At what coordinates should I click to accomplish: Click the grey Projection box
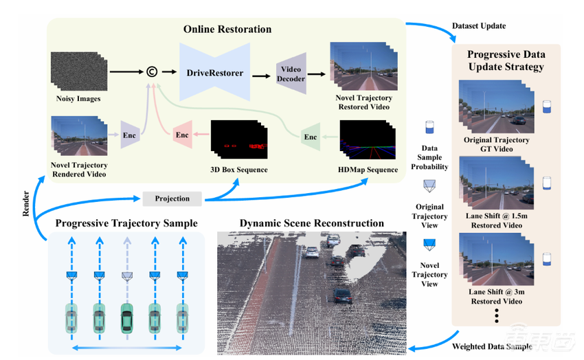click(172, 199)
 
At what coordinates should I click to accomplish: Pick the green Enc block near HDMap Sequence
click(311, 137)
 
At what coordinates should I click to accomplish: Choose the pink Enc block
click(182, 135)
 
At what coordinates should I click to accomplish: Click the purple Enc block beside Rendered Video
click(130, 135)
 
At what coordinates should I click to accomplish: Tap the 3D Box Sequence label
click(238, 170)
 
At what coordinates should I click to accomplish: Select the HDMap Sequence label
click(369, 170)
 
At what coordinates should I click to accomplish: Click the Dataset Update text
click(480, 26)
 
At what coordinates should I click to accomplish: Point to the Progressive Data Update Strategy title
click(506, 60)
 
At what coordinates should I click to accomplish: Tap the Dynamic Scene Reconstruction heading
click(311, 223)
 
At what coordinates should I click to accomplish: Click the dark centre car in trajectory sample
click(126, 318)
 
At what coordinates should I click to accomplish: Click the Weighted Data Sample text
click(492, 346)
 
